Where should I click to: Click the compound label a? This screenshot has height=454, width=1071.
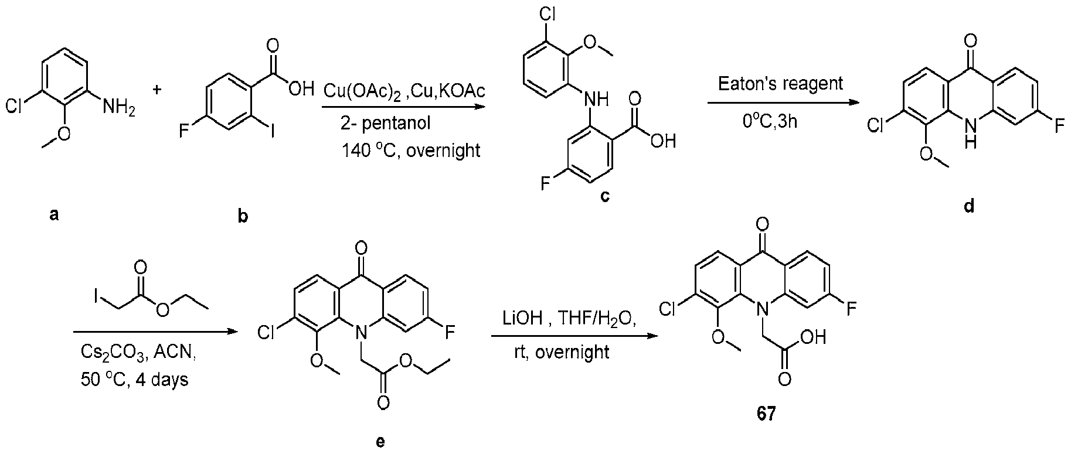(x=54, y=215)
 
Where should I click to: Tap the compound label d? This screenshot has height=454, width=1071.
(x=969, y=207)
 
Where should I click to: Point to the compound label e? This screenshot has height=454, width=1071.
(x=380, y=441)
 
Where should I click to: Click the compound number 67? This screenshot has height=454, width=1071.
(x=766, y=414)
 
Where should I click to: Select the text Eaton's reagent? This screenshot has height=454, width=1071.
(x=781, y=83)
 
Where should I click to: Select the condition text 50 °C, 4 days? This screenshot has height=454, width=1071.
(x=135, y=380)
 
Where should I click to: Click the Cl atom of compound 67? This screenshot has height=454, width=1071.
(x=668, y=309)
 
